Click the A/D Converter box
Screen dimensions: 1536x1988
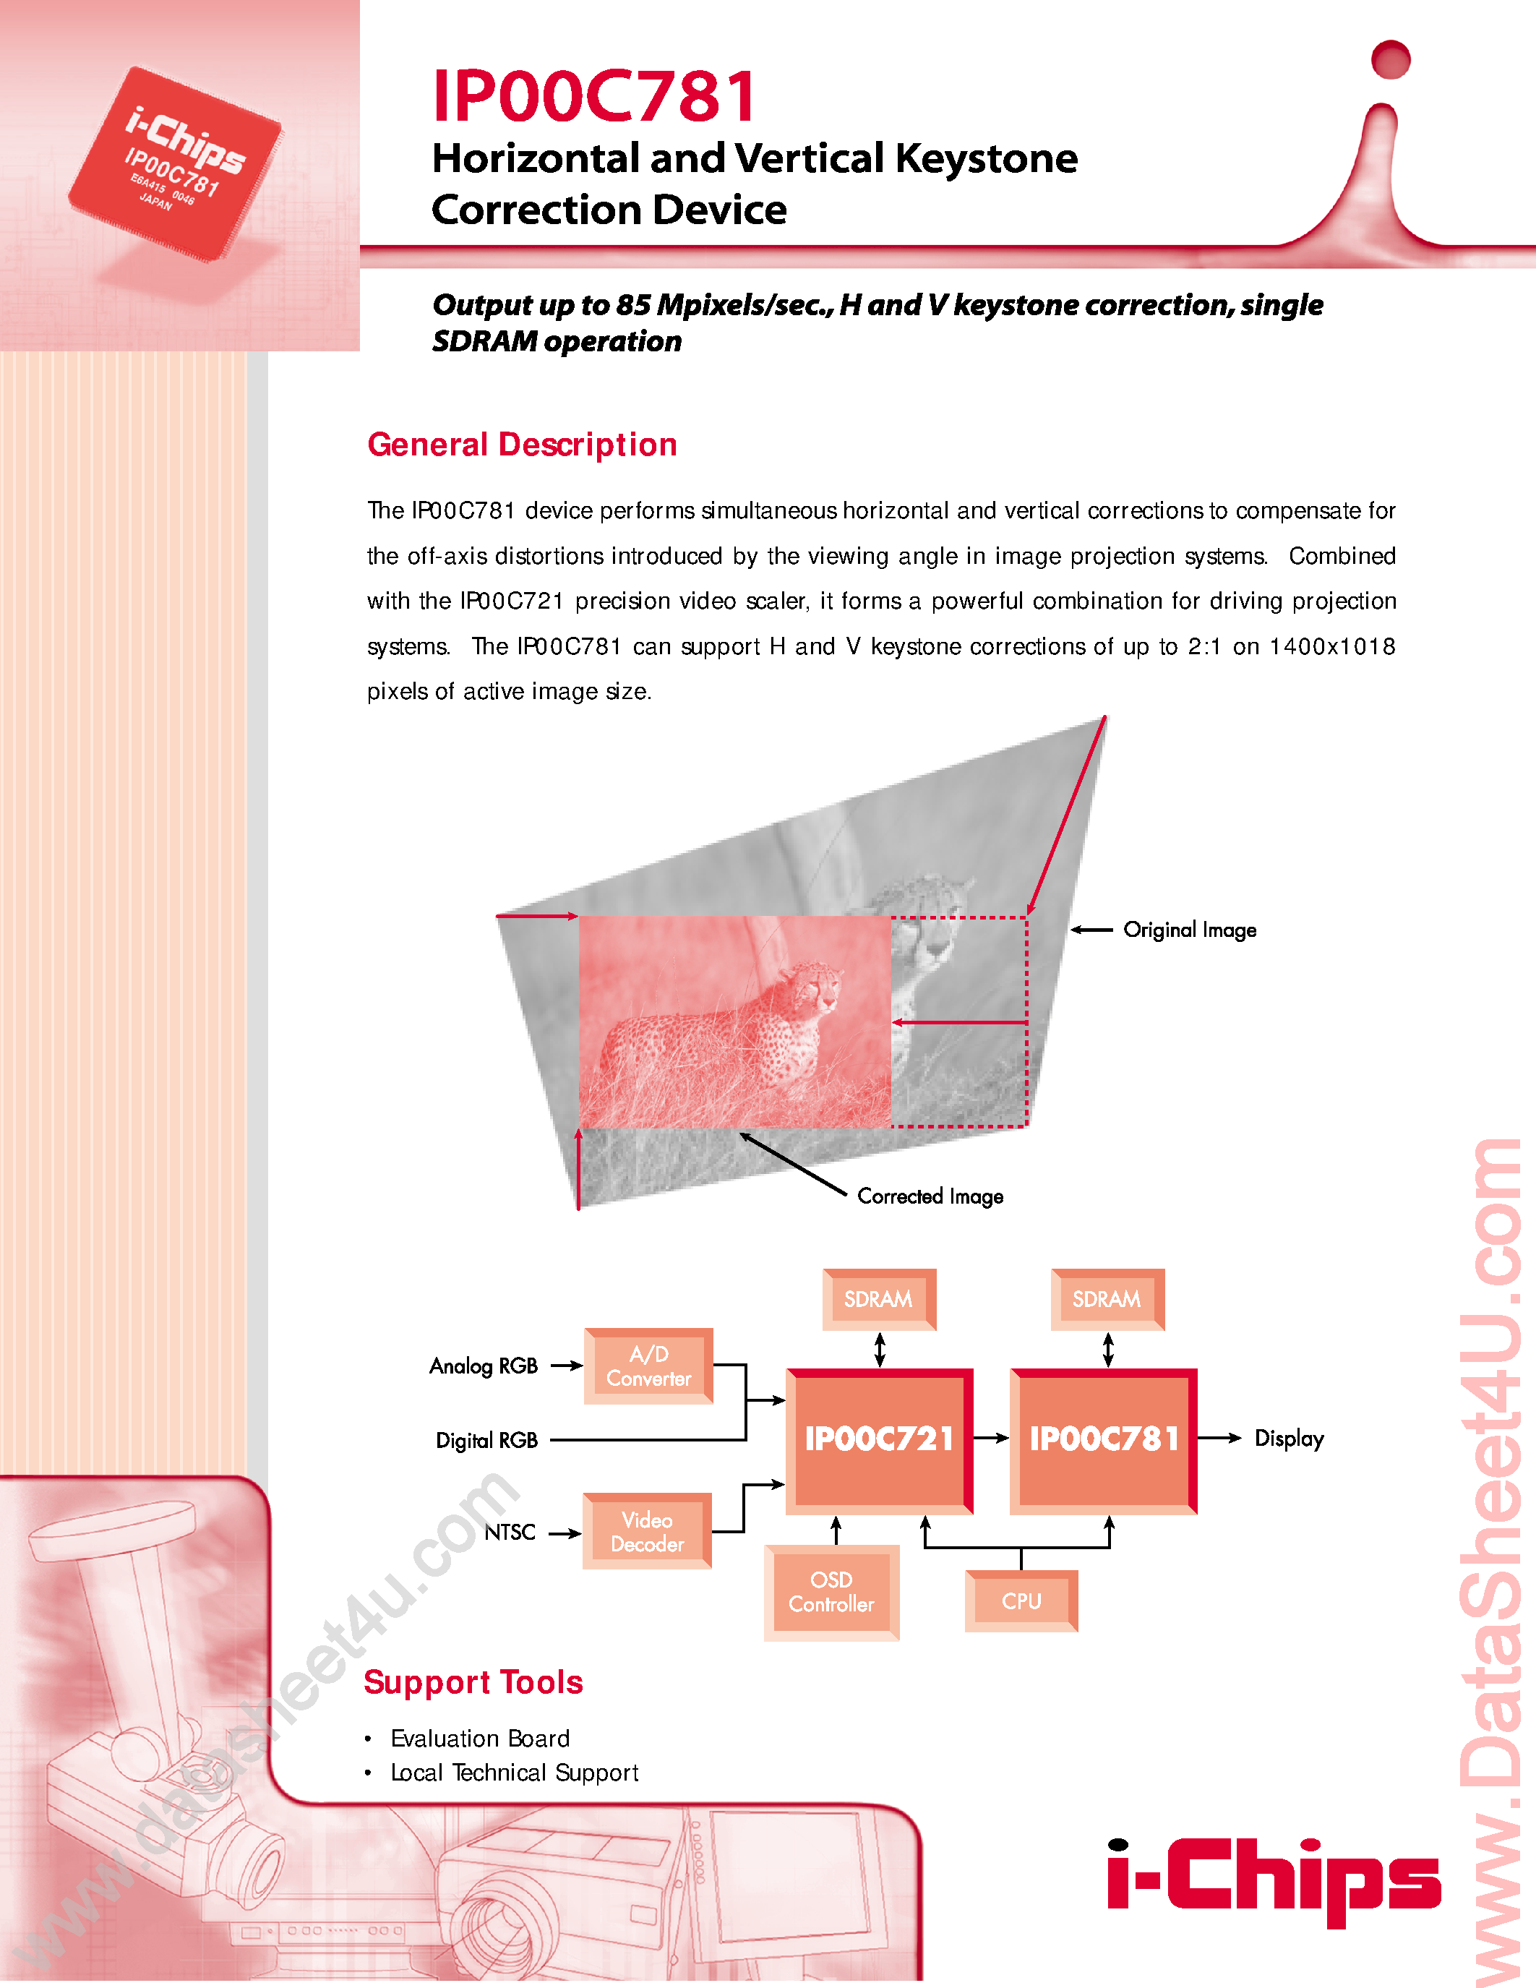pos(648,1366)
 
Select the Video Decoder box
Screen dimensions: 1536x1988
pos(647,1532)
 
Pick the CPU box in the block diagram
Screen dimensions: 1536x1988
pos(1021,1601)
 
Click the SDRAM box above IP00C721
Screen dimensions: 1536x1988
pos(878,1299)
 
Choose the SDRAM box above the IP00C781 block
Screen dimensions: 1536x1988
pos(1107,1299)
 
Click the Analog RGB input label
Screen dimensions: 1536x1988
pos(483,1366)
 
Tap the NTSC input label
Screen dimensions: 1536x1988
pos(510,1533)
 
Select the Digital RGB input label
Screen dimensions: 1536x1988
pos(487,1440)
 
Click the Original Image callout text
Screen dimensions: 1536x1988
pos(1189,930)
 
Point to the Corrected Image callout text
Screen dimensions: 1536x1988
pos(930,1196)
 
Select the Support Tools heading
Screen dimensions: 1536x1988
pos(473,1682)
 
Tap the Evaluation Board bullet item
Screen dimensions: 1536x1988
pos(479,1739)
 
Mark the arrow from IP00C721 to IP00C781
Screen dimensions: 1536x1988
pos(991,1438)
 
